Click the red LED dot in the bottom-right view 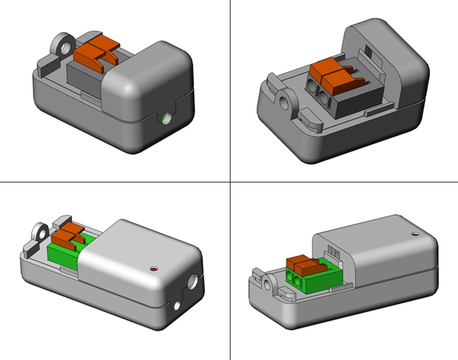415,233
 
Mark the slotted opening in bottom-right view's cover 331,250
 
